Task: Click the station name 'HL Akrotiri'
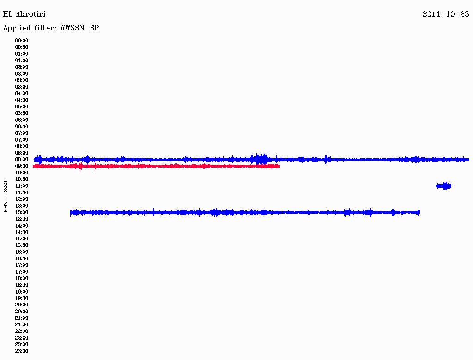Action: [x=24, y=14]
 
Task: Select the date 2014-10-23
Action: [x=446, y=14]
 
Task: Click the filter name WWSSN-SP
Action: [x=79, y=28]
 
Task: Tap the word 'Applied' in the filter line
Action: [x=17, y=28]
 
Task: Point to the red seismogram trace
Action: [x=156, y=166]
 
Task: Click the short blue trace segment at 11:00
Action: [x=444, y=186]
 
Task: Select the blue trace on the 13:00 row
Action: [x=245, y=213]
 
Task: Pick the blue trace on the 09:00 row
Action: [x=252, y=159]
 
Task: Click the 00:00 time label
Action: [x=22, y=41]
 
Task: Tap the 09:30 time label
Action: [x=22, y=166]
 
